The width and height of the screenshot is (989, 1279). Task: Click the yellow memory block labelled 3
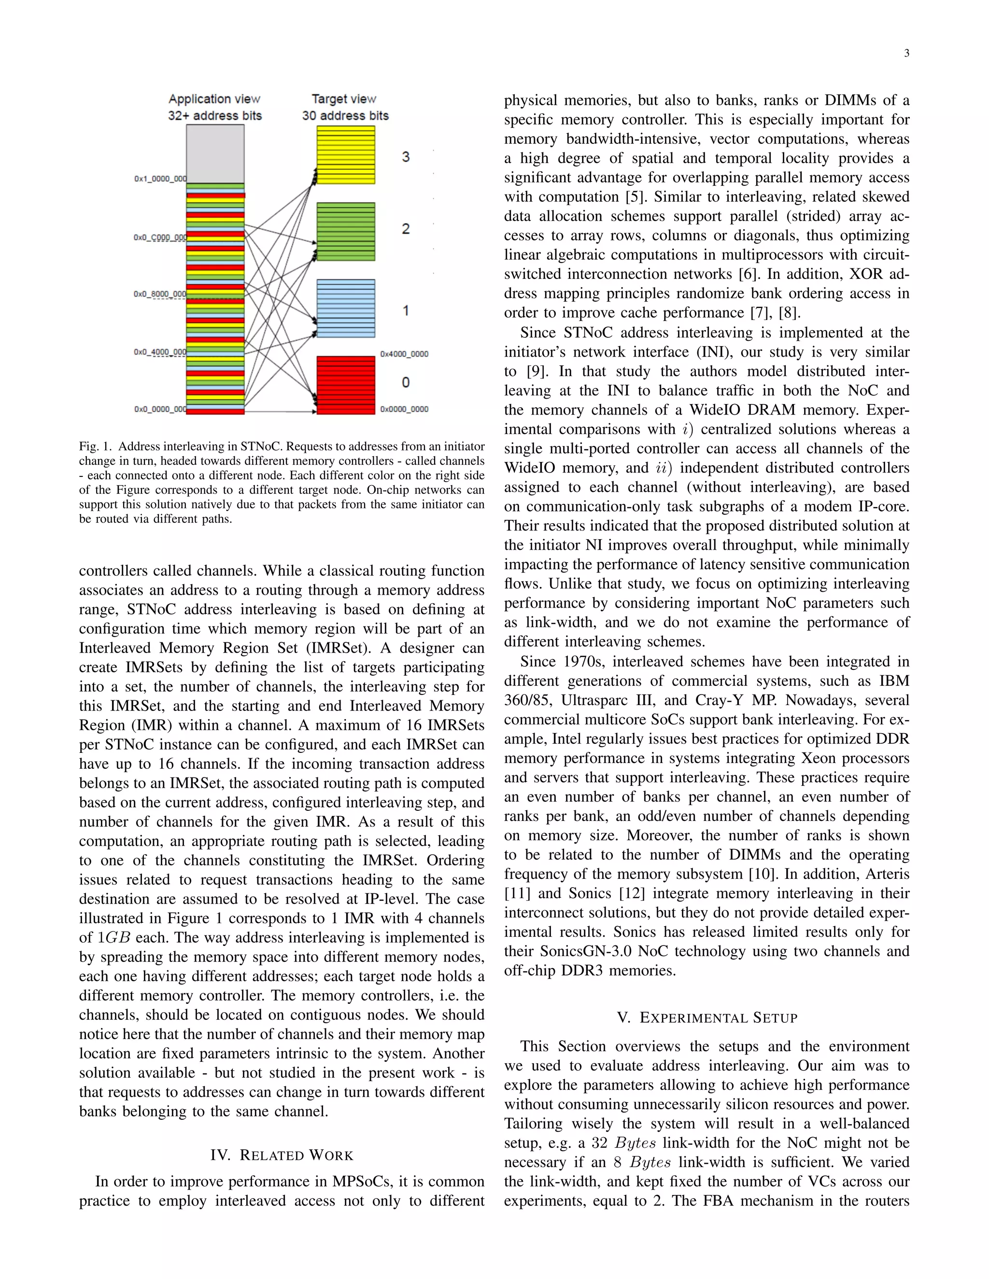pyautogui.click(x=346, y=155)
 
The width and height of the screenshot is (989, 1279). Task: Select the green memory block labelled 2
pyautogui.click(x=346, y=231)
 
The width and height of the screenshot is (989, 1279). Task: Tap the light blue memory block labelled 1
pyautogui.click(x=346, y=308)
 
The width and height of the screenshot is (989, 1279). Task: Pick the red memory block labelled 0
pyautogui.click(x=346, y=385)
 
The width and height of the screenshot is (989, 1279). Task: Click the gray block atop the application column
pyautogui.click(x=215, y=153)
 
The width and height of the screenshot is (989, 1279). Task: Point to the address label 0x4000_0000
pyautogui.click(x=404, y=354)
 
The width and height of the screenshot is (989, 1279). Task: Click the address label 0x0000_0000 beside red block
pyautogui.click(x=404, y=409)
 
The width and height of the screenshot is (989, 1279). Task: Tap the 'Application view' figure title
pyautogui.click(x=214, y=99)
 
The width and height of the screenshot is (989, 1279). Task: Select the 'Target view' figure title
pyautogui.click(x=344, y=99)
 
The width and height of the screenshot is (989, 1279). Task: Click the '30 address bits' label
pyautogui.click(x=345, y=116)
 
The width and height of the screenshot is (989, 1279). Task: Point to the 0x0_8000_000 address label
pyautogui.click(x=160, y=294)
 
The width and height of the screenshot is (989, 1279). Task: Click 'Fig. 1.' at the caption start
pyautogui.click(x=96, y=446)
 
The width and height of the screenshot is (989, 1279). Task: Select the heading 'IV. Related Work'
pyautogui.click(x=282, y=1155)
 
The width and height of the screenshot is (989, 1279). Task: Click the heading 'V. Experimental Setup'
pyautogui.click(x=707, y=1017)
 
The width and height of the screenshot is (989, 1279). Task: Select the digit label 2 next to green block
pyautogui.click(x=406, y=229)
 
